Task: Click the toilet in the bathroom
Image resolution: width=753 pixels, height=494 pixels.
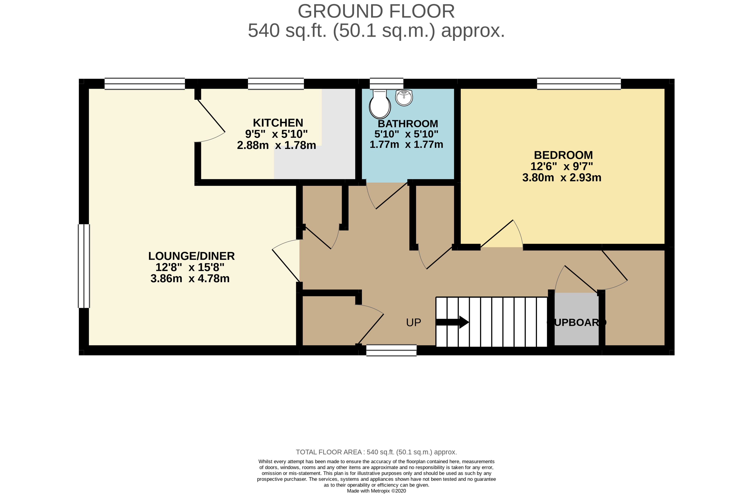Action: pos(380,104)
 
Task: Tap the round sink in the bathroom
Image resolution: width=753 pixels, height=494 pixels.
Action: pos(404,98)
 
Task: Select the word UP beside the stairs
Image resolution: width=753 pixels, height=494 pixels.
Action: pos(414,323)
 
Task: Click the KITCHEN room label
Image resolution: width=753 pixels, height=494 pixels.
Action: pos(278,123)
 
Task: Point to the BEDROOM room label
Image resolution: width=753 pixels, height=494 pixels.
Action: pos(563,155)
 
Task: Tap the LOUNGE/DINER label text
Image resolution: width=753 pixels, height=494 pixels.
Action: pos(191,256)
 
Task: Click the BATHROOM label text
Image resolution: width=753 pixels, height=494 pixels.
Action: pos(408,124)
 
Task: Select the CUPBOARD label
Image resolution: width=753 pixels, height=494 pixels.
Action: pos(577,323)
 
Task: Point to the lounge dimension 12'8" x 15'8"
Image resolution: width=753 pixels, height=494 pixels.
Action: pos(190,267)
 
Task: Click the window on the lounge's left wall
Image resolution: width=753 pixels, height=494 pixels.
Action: pos(84,266)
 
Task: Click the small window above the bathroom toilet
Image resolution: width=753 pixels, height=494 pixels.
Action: pos(387,84)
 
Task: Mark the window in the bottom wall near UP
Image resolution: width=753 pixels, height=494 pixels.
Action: pos(391,350)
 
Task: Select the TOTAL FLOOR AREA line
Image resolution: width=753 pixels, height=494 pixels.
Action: pos(376,452)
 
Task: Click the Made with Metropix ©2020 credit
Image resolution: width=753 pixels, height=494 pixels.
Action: pos(376,491)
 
